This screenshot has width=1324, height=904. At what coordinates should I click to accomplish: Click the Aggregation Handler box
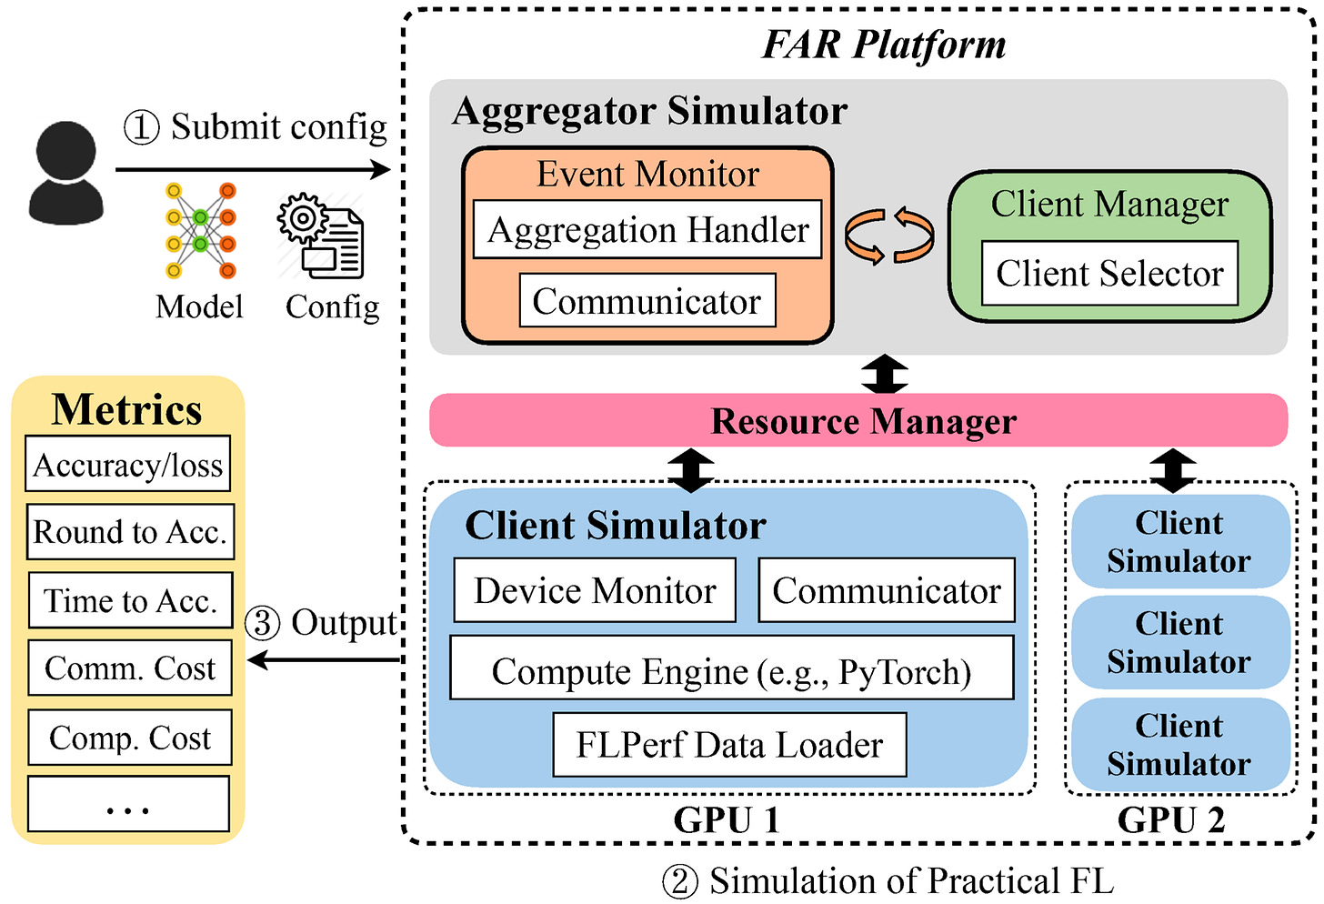pyautogui.click(x=647, y=229)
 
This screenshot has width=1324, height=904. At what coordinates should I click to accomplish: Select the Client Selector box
pyautogui.click(x=1109, y=273)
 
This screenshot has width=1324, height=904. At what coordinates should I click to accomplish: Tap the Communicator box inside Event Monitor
pyautogui.click(x=647, y=300)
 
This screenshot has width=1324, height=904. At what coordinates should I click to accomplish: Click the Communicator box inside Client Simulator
pyautogui.click(x=887, y=590)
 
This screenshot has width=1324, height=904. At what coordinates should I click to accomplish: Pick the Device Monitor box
pyautogui.click(x=595, y=590)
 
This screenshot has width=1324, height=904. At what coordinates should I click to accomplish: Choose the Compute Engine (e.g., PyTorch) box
pyautogui.click(x=732, y=668)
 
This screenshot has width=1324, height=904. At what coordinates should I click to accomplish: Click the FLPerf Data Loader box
pyautogui.click(x=729, y=744)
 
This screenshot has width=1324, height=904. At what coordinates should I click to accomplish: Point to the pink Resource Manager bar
pyautogui.click(x=858, y=420)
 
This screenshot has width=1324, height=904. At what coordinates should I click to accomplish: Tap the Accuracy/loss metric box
pyautogui.click(x=127, y=464)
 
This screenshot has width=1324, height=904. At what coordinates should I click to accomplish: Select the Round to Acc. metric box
pyautogui.click(x=130, y=531)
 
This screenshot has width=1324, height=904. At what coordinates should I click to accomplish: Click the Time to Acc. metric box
pyautogui.click(x=131, y=600)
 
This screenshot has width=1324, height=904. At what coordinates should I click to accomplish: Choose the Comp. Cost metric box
pyautogui.click(x=130, y=737)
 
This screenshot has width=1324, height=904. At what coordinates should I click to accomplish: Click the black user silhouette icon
pyautogui.click(x=66, y=173)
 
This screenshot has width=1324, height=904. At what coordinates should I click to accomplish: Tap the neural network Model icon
pyautogui.click(x=200, y=231)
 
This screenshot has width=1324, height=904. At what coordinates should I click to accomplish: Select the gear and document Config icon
pyautogui.click(x=320, y=236)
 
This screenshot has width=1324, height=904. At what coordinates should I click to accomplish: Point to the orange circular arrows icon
pyautogui.click(x=889, y=235)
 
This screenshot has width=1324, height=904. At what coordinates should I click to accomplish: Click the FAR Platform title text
pyautogui.click(x=883, y=45)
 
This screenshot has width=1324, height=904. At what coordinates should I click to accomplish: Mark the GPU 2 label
pyautogui.click(x=1171, y=819)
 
